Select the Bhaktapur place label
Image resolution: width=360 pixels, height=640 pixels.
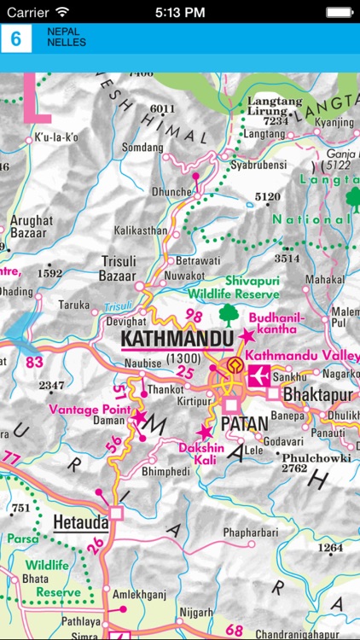[317, 395]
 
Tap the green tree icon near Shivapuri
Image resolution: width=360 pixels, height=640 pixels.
[227, 315]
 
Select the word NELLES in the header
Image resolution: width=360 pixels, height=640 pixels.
[67, 43]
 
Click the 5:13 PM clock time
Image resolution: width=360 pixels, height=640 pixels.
[180, 12]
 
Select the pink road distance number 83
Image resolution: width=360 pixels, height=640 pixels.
[35, 363]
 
